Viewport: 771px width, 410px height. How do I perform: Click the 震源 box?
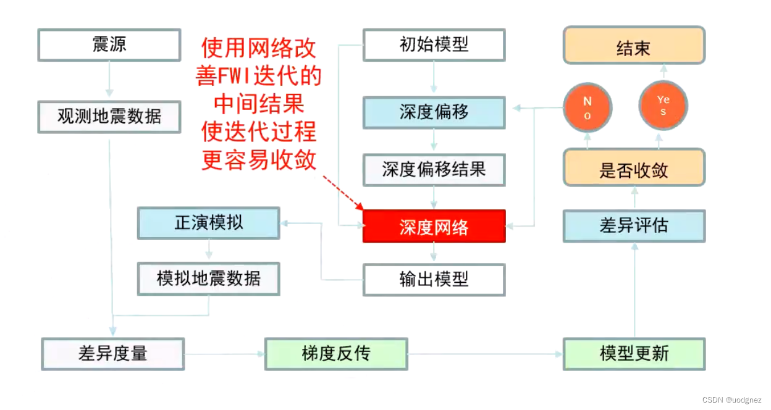coord(109,44)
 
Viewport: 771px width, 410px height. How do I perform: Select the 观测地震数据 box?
coord(109,117)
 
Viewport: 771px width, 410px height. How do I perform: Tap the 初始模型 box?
coord(434,44)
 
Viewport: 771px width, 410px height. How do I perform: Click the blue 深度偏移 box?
coord(434,112)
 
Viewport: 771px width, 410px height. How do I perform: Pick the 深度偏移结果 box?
coord(434,170)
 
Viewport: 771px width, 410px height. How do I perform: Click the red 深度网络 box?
coord(434,226)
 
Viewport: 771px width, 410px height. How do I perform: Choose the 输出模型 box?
coord(434,280)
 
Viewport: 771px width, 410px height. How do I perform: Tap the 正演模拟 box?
coord(208,223)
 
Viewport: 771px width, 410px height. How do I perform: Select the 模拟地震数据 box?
coord(208,278)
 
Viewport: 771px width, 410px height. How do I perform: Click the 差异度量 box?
coord(113,354)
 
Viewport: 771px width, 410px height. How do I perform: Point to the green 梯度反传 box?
coord(336,354)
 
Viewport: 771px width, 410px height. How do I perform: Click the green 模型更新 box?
coord(634,354)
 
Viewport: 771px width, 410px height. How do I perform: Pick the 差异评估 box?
coord(634,225)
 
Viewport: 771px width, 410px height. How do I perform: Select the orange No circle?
coord(587,108)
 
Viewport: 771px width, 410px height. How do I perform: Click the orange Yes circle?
coord(663,106)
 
